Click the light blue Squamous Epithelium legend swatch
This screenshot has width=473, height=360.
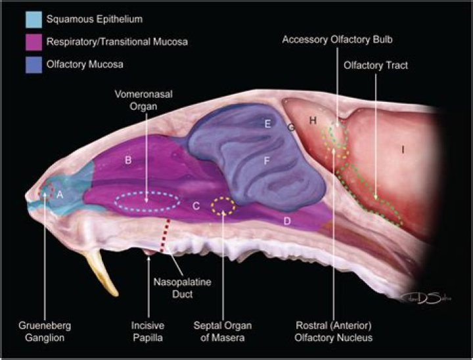coord(34,20)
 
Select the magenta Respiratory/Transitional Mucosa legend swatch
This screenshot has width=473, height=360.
coord(34,42)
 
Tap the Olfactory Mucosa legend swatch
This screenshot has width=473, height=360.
coord(34,64)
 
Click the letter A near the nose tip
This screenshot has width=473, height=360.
coord(60,195)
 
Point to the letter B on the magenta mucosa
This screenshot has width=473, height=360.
coord(128,160)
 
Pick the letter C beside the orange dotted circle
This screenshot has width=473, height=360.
coord(196,206)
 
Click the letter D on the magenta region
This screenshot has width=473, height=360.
coord(287,221)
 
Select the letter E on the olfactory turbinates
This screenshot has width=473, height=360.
coord(267,124)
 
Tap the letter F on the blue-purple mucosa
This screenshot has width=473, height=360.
coord(267,161)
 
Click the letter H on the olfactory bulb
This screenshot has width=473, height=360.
coord(313,121)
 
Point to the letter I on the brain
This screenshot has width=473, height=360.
coord(403,149)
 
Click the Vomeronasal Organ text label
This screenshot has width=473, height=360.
coord(144,101)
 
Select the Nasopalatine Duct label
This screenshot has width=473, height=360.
coord(182,288)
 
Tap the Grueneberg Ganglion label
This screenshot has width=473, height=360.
coord(45,331)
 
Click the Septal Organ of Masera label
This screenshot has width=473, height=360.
coord(223,331)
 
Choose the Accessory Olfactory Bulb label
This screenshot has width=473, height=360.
coord(337,39)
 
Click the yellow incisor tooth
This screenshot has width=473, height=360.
coord(102,273)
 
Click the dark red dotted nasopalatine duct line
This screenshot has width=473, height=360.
coord(165,236)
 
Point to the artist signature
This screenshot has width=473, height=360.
coord(425,299)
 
